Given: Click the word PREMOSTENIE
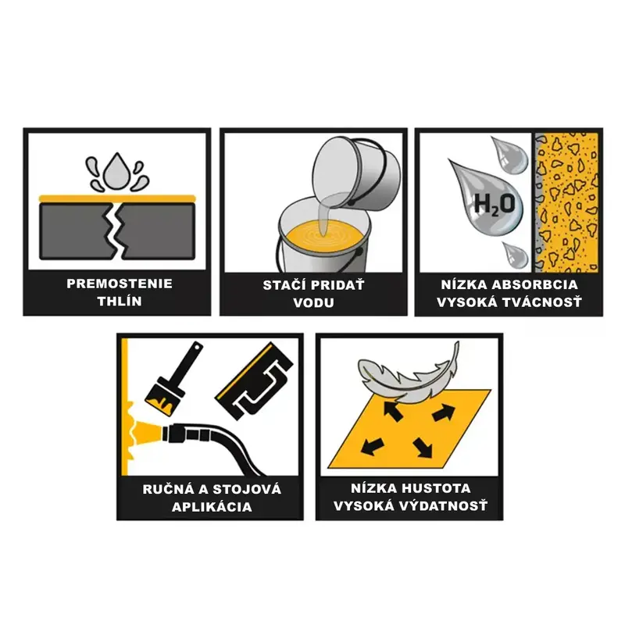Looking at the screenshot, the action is tap(120, 284).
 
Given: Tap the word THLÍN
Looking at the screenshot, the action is tap(120, 301).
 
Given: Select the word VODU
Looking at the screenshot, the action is tap(313, 302).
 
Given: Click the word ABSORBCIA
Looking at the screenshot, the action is tap(534, 284).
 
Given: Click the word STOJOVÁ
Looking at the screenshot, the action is tap(246, 489).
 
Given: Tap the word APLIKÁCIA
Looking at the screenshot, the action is tap(212, 506).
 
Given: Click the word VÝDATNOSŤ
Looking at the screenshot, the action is tap(444, 505).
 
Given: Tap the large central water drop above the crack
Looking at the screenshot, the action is tap(116, 170).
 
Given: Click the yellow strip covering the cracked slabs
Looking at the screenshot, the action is tap(116, 198).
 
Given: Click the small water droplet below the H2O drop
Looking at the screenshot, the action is tap(515, 255).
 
